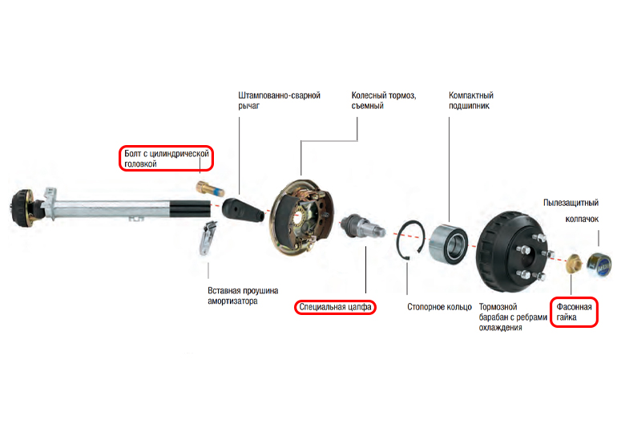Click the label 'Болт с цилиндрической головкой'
(x=167, y=158)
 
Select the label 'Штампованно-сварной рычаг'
(x=279, y=100)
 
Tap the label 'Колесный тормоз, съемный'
(x=384, y=100)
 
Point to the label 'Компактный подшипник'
(x=471, y=100)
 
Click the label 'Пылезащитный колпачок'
(x=571, y=211)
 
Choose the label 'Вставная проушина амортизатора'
(x=243, y=296)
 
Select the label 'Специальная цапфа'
(x=335, y=307)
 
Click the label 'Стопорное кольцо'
(x=439, y=307)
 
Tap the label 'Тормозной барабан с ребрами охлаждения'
(x=513, y=317)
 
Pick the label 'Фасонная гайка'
(x=574, y=312)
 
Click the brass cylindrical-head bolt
(x=210, y=188)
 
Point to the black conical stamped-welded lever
(x=242, y=210)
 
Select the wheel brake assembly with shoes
(x=301, y=218)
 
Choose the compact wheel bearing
(x=448, y=243)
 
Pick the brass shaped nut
(x=575, y=264)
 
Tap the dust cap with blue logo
(x=599, y=265)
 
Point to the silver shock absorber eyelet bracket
(x=208, y=238)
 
